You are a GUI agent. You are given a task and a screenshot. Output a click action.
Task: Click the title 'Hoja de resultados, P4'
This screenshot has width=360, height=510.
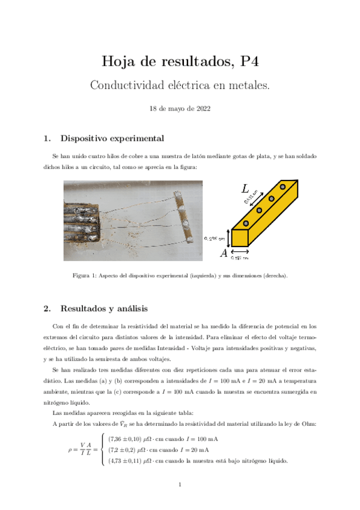coord(180,61)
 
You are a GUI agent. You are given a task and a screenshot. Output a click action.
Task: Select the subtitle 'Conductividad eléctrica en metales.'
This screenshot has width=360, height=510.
coord(180,85)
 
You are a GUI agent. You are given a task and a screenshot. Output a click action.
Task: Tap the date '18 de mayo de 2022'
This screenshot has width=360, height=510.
coord(180,109)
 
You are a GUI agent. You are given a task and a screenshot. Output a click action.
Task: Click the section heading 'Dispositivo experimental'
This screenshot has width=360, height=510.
coord(112,138)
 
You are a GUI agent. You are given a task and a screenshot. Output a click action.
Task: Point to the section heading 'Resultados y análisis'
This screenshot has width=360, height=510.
coord(104,309)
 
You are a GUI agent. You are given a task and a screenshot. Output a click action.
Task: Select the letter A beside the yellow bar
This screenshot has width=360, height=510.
coord(224,254)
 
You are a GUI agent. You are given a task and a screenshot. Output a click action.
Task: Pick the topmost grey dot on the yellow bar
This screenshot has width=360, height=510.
coord(282,188)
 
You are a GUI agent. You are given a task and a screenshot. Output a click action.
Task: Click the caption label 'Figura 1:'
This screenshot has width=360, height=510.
coord(86,276)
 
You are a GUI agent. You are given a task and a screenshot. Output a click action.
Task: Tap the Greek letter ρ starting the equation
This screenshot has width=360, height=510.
coord(70,450)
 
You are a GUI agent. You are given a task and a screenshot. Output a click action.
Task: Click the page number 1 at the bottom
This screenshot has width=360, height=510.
coord(180,485)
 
